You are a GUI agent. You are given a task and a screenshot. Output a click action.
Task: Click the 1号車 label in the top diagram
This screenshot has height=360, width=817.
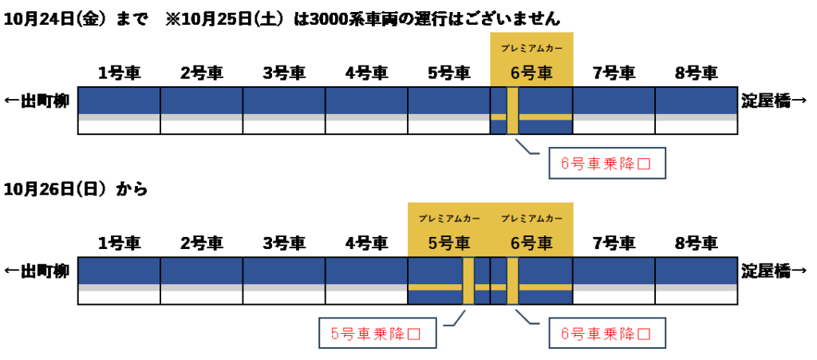click(x=119, y=73)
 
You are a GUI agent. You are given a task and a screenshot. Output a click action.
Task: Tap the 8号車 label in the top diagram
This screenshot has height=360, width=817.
click(x=696, y=73)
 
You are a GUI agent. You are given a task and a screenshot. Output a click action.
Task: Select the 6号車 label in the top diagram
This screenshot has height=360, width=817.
click(x=531, y=73)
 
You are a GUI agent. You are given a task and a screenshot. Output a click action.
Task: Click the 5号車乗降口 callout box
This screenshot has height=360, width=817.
click(x=375, y=334)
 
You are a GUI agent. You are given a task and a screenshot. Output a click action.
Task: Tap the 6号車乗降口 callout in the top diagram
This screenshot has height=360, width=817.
click(x=606, y=164)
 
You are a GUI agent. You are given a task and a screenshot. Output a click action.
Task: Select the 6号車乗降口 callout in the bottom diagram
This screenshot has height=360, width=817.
click(x=606, y=334)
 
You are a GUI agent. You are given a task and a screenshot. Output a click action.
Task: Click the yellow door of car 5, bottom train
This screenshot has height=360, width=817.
click(x=468, y=281)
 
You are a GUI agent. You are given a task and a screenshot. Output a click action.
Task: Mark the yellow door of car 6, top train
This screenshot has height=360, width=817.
click(x=512, y=111)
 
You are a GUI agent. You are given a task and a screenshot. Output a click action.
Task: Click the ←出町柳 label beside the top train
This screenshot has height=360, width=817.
click(x=37, y=101)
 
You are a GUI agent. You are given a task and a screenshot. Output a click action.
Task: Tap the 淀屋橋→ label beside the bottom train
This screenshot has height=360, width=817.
click(x=774, y=271)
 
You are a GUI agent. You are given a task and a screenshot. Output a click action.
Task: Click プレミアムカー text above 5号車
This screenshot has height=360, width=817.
click(x=448, y=218)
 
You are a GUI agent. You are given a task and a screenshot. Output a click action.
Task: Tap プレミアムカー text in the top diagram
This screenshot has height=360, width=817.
click(x=531, y=48)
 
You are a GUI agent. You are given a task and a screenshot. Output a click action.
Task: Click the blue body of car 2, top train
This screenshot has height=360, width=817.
click(x=202, y=101)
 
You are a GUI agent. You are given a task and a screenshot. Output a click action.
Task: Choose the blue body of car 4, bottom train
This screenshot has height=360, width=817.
click(x=366, y=271)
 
